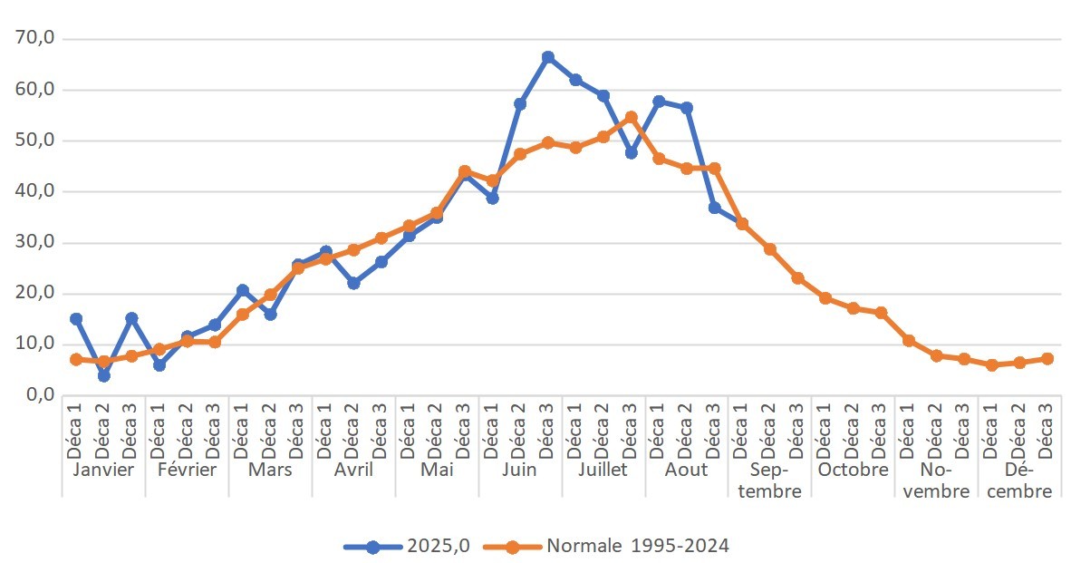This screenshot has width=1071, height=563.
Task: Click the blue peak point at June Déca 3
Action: pyautogui.click(x=547, y=57)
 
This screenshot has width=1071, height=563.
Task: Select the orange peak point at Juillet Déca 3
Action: pyautogui.click(x=632, y=118)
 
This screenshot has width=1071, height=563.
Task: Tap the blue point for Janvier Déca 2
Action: pyautogui.click(x=103, y=375)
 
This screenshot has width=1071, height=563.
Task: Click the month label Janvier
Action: pyautogui.click(x=103, y=470)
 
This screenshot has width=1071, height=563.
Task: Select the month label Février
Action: pyautogui.click(x=187, y=470)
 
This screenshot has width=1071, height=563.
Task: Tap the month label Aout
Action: pyautogui.click(x=686, y=470)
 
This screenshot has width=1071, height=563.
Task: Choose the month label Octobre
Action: pyautogui.click(x=853, y=470)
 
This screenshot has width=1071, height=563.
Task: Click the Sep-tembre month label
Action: pyautogui.click(x=769, y=480)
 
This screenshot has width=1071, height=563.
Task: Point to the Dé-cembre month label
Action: pyautogui.click(x=1019, y=480)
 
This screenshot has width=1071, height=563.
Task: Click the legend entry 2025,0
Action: pyautogui.click(x=408, y=546)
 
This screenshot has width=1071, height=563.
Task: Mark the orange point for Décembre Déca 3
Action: pyautogui.click(x=1047, y=358)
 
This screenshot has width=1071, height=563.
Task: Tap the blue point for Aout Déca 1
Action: pyautogui.click(x=659, y=102)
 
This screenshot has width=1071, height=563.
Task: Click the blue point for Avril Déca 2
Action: pyautogui.click(x=353, y=283)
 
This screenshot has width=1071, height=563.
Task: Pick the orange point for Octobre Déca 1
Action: pyautogui.click(x=825, y=297)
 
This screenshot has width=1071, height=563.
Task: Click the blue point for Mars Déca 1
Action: pyautogui.click(x=242, y=290)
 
